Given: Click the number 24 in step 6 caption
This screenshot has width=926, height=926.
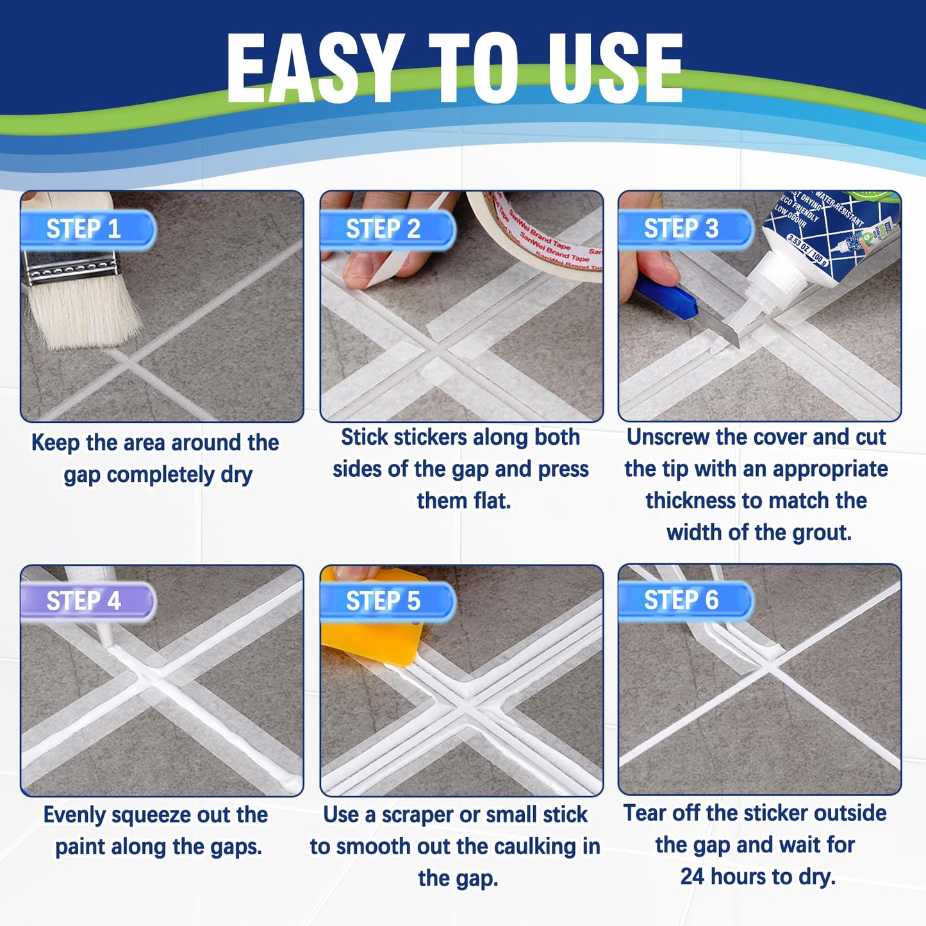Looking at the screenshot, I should [x=692, y=877].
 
